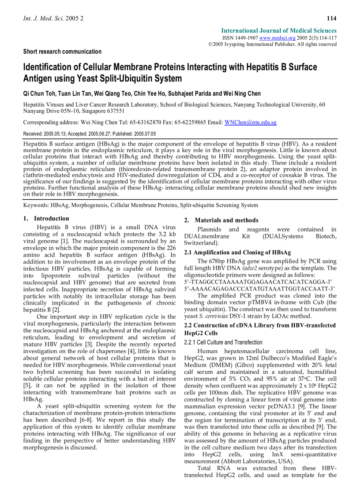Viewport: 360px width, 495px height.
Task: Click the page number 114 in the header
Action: coord(332,18)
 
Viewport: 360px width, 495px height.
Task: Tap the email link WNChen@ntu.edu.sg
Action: coord(250,122)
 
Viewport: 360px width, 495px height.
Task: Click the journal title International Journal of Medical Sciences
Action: coord(279,31)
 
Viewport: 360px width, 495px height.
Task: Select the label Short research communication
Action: coord(62,52)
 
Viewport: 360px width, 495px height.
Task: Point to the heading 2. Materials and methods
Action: coord(221,220)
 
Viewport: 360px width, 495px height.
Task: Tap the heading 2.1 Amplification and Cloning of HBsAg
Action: coord(237,253)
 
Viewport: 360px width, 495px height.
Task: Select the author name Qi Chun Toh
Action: coord(39,93)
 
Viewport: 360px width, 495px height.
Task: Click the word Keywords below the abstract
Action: coord(36,205)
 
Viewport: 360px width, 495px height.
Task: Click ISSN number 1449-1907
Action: coord(247,38)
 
